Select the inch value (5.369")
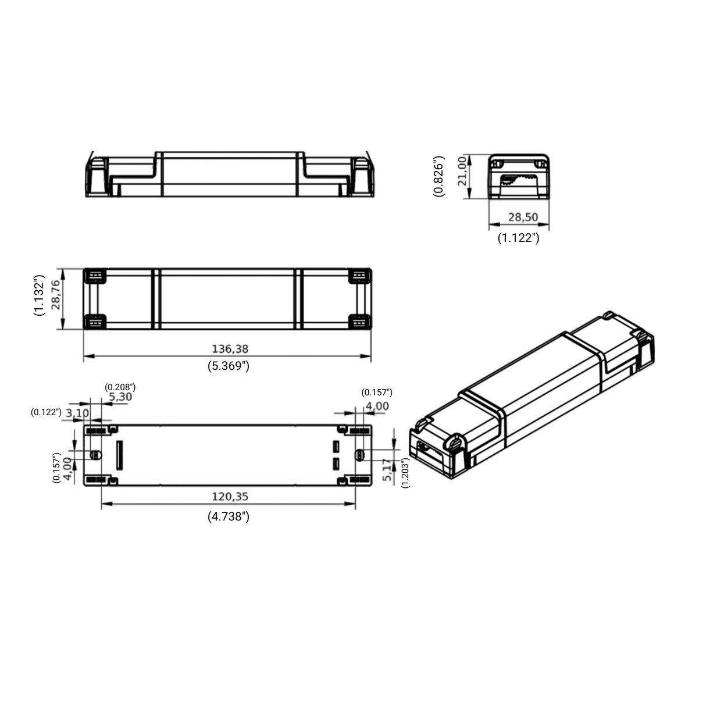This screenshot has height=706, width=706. (228, 366)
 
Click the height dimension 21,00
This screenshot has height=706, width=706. (463, 171)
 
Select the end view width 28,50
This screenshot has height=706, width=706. (523, 217)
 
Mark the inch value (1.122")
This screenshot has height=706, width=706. (518, 238)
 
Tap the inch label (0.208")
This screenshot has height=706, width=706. (120, 387)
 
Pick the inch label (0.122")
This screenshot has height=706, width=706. (46, 412)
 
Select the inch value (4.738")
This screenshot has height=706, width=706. (228, 516)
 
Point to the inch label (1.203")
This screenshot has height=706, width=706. (405, 473)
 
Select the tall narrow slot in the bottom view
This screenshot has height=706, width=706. (120, 455)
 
